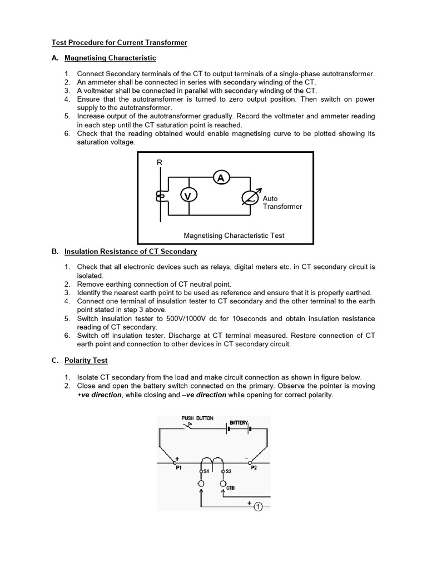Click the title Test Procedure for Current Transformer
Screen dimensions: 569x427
tap(120, 43)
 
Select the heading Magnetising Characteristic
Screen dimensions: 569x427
tap(110, 58)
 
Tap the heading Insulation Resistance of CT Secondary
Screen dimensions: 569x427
tap(131, 251)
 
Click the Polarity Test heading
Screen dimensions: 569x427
tap(86, 360)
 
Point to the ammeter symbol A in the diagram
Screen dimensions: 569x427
tap(221, 178)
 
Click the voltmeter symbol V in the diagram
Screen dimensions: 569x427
tap(188, 196)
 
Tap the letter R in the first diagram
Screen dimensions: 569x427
tap(160, 162)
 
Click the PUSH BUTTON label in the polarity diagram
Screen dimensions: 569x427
tap(197, 418)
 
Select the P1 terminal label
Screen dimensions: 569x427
tap(178, 468)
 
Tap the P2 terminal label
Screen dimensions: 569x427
tap(254, 468)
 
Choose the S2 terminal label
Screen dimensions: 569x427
tap(228, 471)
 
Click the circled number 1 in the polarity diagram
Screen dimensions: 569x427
tap(258, 506)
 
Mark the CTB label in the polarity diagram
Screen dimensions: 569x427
tap(231, 488)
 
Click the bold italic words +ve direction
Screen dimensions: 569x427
tap(99, 395)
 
